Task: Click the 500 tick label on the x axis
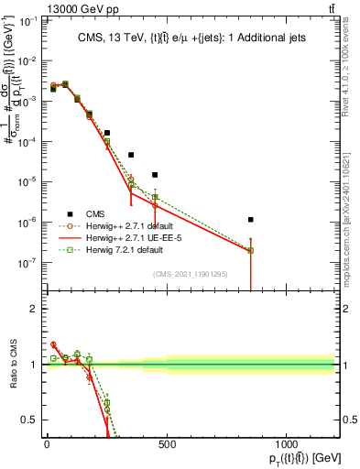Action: coord(167,445)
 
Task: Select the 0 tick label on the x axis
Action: coord(47,445)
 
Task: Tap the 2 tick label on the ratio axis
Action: coord(32,309)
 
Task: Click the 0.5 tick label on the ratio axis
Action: coord(28,420)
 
